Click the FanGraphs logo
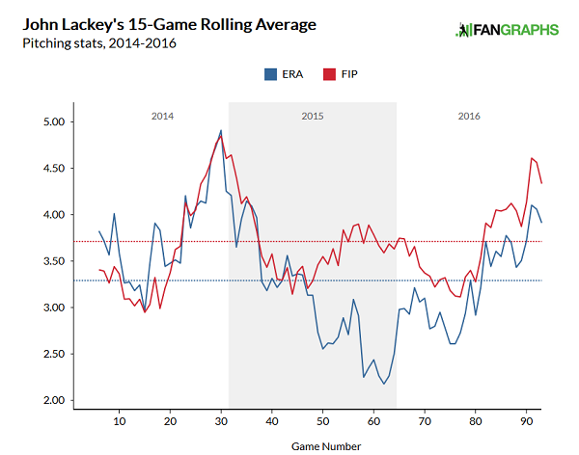pyautogui.click(x=508, y=30)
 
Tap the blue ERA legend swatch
pyautogui.click(x=269, y=73)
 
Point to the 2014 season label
pyautogui.click(x=162, y=116)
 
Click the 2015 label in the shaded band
pyautogui.click(x=312, y=116)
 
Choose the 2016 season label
pyautogui.click(x=469, y=116)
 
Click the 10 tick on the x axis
pyautogui.click(x=119, y=421)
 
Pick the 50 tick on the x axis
pyautogui.click(x=322, y=421)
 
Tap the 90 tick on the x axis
pyautogui.click(x=526, y=421)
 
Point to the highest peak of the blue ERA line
pyautogui.click(x=221, y=130)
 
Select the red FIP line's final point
pyautogui.click(x=541, y=183)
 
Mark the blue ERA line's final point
pyautogui.click(x=541, y=223)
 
